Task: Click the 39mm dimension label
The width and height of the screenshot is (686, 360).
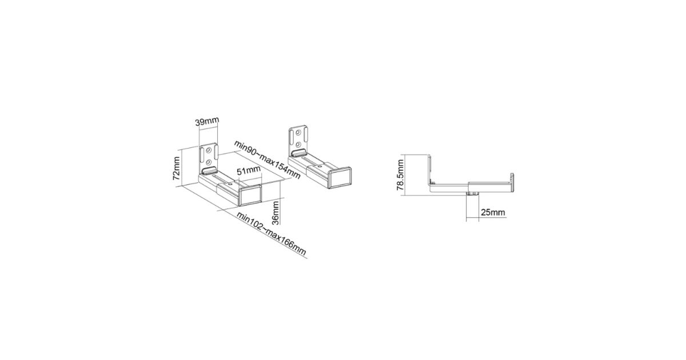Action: click(207, 121)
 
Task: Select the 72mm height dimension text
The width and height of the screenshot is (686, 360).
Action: click(177, 169)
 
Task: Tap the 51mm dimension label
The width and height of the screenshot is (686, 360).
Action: click(249, 170)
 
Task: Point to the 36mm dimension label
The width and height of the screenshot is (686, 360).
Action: click(276, 213)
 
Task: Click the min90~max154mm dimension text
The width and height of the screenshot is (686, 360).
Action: click(267, 159)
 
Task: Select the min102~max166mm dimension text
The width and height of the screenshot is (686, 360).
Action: click(272, 233)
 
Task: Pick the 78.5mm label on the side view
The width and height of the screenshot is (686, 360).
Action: click(401, 175)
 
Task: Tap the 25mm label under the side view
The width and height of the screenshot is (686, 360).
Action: click(493, 212)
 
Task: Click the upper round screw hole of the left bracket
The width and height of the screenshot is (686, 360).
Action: click(209, 150)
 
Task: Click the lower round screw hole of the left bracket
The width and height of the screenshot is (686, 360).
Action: click(208, 161)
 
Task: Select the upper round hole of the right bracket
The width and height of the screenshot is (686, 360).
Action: click(298, 133)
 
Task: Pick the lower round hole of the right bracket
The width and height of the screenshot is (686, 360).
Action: click(298, 144)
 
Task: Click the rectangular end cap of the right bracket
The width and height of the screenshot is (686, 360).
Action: click(340, 178)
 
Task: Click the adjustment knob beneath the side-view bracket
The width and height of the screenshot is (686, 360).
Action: click(473, 194)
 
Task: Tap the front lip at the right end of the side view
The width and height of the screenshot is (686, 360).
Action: click(512, 182)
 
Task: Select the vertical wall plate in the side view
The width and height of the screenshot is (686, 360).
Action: click(429, 170)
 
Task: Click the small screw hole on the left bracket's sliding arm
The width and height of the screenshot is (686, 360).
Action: click(230, 184)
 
